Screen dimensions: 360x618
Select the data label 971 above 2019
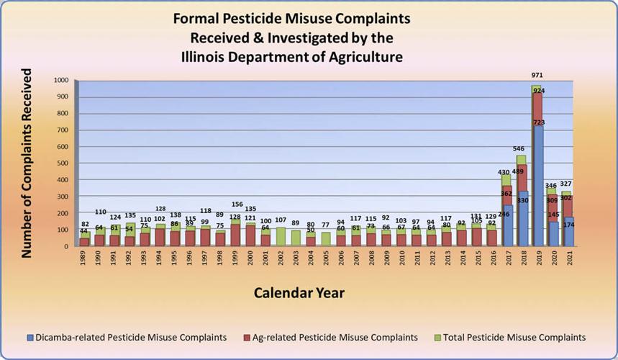pos(537,76)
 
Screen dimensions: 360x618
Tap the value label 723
pos(540,122)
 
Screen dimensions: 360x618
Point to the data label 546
pos(520,149)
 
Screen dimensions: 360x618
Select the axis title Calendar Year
pos(299,293)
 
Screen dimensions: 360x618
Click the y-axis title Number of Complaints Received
pos(27,163)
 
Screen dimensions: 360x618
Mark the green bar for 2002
pos(280,237)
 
